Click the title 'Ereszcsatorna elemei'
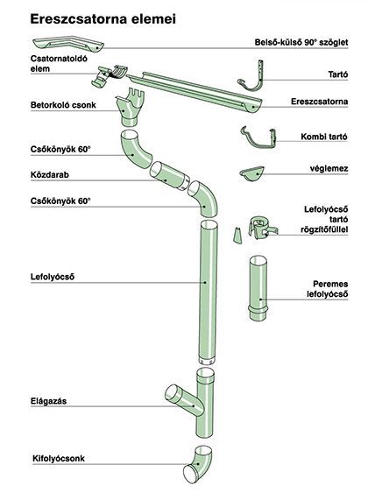[x=103, y=18]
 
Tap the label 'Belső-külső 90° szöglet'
[x=301, y=42]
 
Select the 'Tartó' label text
[x=338, y=74]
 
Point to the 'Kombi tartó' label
[x=323, y=137]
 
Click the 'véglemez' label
[x=329, y=168]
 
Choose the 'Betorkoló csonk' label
[x=63, y=105]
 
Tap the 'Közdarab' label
[x=49, y=175]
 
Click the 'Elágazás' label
[x=48, y=401]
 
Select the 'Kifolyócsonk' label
[x=59, y=459]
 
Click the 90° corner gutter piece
[x=68, y=45]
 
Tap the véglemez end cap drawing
[x=251, y=173]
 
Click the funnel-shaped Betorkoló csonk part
[x=130, y=109]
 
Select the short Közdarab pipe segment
[x=167, y=176]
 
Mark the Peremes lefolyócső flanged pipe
[x=258, y=288]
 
